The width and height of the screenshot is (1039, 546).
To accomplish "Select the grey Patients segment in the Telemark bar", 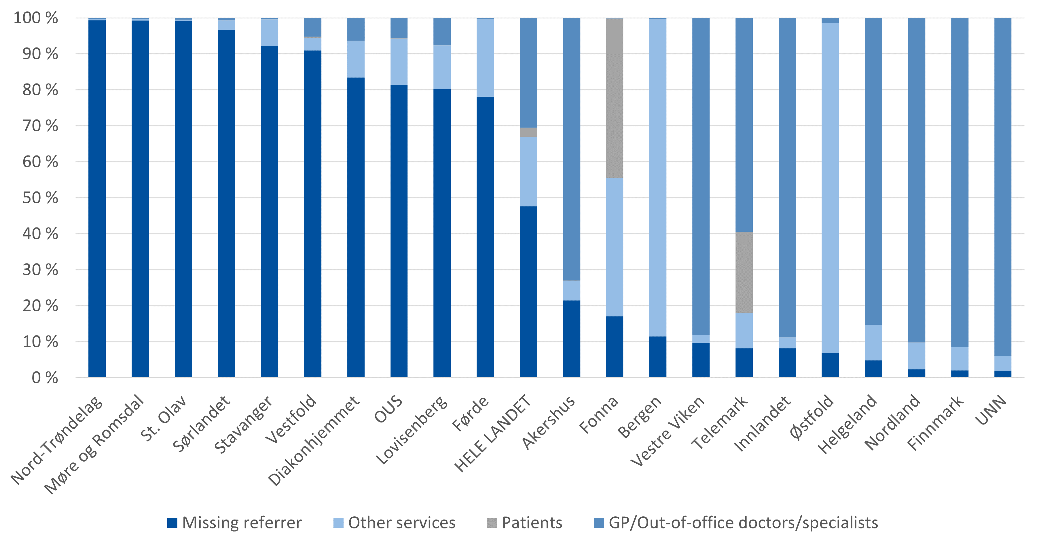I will click(744, 272).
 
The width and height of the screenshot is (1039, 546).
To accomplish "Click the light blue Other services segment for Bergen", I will click(657, 177).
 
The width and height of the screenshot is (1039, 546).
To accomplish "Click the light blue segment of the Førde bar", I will click(485, 58).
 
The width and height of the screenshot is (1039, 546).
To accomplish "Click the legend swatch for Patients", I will click(492, 523).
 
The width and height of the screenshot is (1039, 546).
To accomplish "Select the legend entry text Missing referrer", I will click(242, 523).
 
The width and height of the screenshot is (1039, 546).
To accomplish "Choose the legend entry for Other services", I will click(401, 523).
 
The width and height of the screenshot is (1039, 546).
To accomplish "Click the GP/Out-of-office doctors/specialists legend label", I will click(743, 523).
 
